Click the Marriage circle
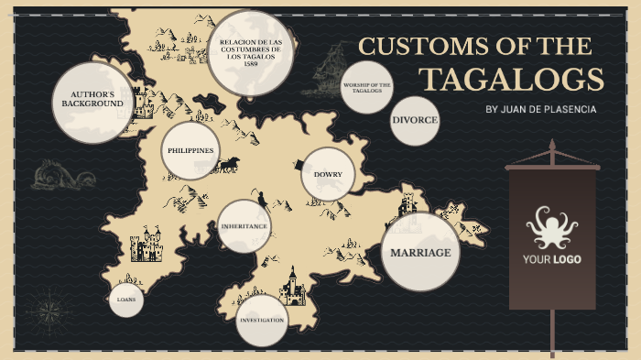[x=420, y=252]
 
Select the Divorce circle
[x=415, y=121]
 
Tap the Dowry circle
[x=327, y=174]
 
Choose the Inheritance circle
[x=244, y=225]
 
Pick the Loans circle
[x=126, y=300]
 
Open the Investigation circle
[x=262, y=321]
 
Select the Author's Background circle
[x=92, y=100]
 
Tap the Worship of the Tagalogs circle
[x=367, y=88]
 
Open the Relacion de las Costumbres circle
[x=250, y=52]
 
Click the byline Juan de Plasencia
[x=540, y=109]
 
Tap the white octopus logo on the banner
[x=551, y=227]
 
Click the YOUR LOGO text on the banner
[x=551, y=259]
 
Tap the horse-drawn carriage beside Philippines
[x=228, y=164]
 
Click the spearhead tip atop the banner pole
[x=551, y=147]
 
